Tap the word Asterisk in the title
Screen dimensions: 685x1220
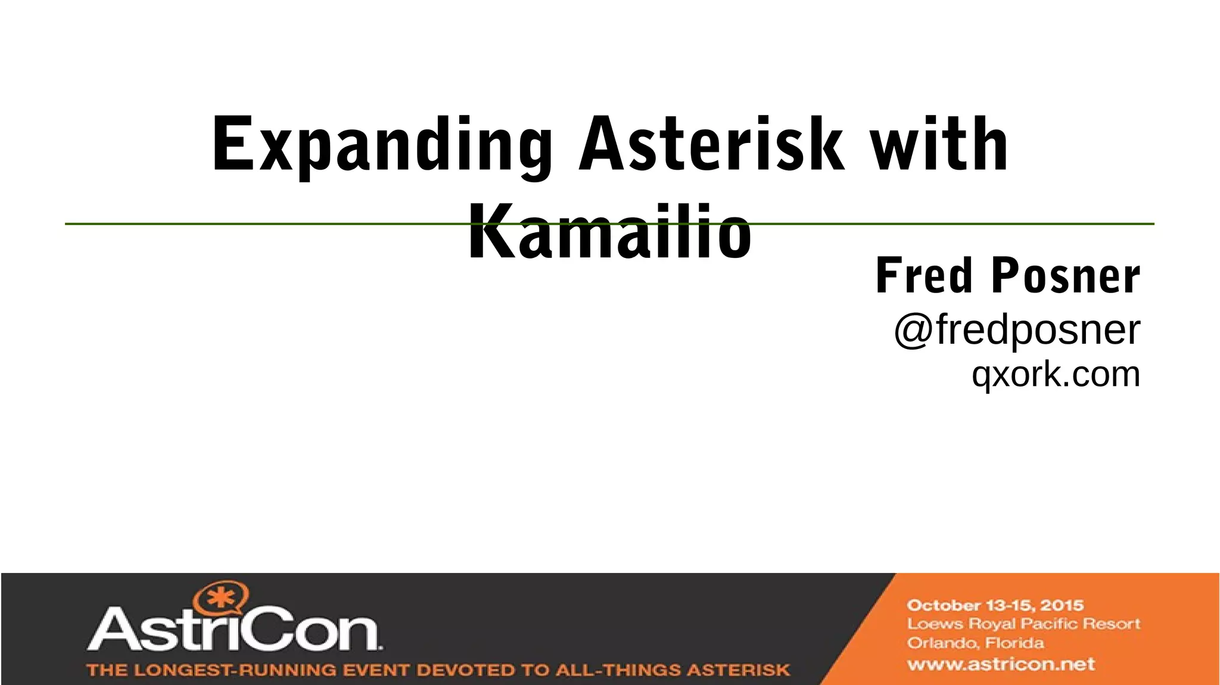pos(711,144)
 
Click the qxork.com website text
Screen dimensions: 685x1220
pos(1056,374)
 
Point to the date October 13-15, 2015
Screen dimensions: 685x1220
pos(995,606)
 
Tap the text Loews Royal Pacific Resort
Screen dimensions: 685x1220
pos(1023,624)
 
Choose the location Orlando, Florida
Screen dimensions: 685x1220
pos(975,643)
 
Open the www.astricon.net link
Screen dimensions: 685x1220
pos(1001,664)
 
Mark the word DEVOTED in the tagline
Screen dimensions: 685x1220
pos(464,670)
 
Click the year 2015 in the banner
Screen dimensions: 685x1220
pos(1062,606)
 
